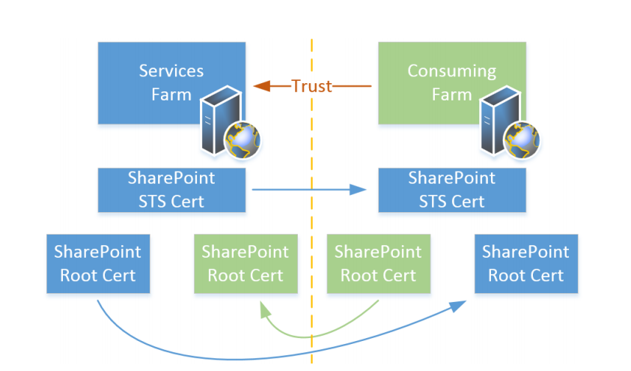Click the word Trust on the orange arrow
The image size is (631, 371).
[x=311, y=86]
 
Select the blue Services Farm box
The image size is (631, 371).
[x=150, y=82]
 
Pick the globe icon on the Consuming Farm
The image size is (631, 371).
[x=522, y=139]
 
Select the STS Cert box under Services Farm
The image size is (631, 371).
[x=171, y=190]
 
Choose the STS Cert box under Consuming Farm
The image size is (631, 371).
[x=451, y=190]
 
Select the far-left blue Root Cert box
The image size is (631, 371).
[x=97, y=263]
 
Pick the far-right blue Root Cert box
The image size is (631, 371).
[x=525, y=263]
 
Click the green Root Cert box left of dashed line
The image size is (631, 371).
[x=246, y=263]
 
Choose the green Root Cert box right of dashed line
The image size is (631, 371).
[x=378, y=263]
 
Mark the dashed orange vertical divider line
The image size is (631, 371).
[x=312, y=225]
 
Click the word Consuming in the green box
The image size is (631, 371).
[x=451, y=71]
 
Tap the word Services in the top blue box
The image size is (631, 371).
[x=171, y=71]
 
